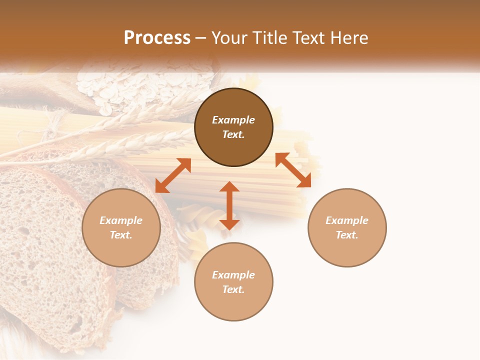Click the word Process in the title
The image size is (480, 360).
click(157, 38)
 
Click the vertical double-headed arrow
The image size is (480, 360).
click(229, 205)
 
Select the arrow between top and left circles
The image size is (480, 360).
click(173, 175)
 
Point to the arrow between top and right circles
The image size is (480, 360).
click(293, 170)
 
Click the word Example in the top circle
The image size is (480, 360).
click(233, 120)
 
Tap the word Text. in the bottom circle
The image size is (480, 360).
click(233, 289)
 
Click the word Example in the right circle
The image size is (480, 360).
click(347, 220)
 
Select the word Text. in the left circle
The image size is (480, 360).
click(121, 235)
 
